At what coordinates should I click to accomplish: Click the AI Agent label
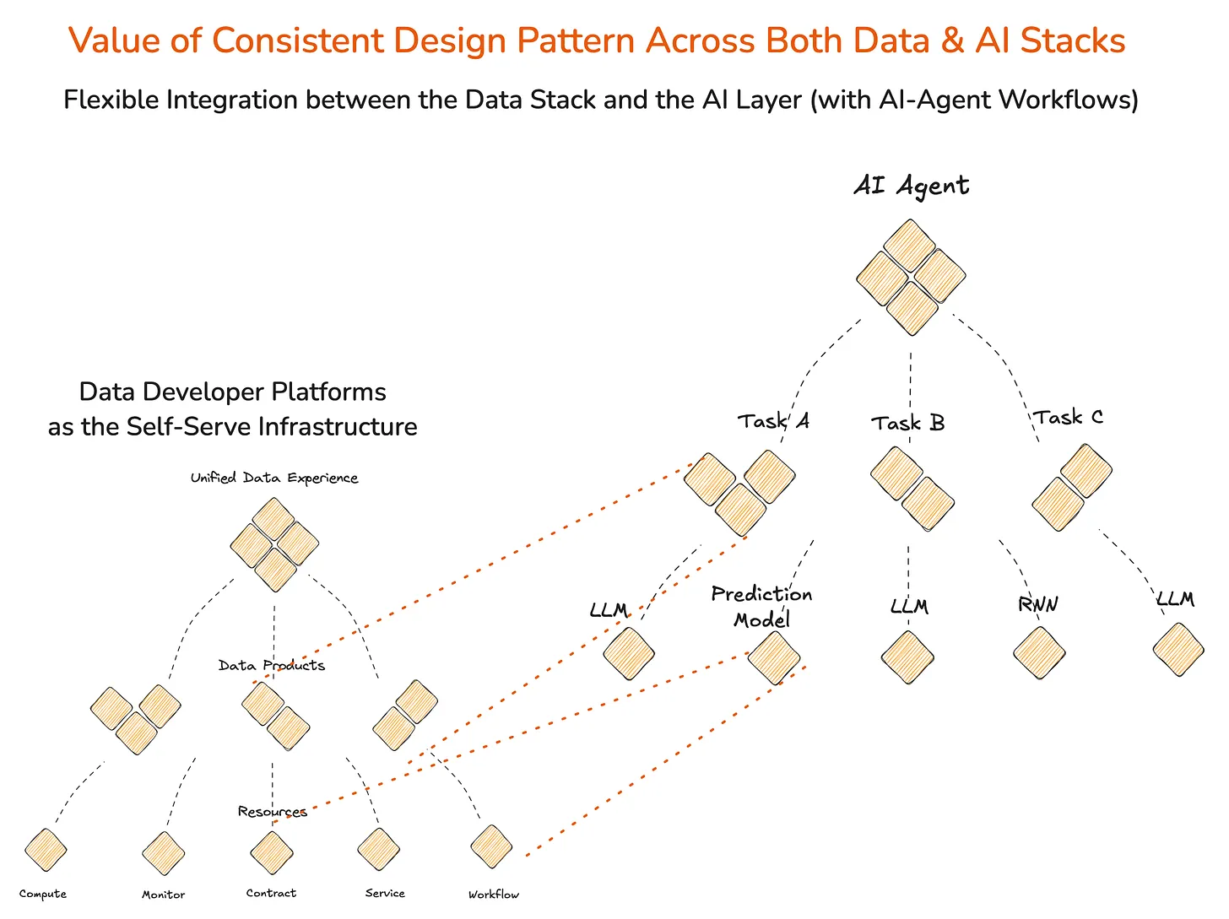(x=911, y=186)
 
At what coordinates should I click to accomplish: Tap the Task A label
(x=773, y=420)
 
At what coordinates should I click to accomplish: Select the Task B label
(x=907, y=423)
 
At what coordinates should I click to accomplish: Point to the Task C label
(x=1068, y=418)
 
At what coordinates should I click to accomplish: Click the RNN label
(x=1037, y=604)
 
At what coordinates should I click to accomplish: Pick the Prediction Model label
(x=761, y=607)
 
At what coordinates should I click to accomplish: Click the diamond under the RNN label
(x=1039, y=653)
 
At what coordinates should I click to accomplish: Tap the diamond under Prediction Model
(x=773, y=658)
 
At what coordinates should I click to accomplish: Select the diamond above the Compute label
(x=46, y=850)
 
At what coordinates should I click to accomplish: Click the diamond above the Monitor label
(x=163, y=853)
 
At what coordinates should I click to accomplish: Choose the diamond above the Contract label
(x=272, y=852)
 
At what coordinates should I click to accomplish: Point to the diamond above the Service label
(x=378, y=849)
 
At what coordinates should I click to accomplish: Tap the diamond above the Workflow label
(x=491, y=846)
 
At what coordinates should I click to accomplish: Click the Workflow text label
(x=494, y=895)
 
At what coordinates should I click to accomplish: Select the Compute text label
(x=43, y=894)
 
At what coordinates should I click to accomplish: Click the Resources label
(x=272, y=812)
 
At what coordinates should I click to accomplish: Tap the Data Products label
(x=271, y=665)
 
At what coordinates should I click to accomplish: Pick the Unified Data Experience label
(x=274, y=478)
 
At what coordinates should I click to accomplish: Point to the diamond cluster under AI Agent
(x=911, y=277)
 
